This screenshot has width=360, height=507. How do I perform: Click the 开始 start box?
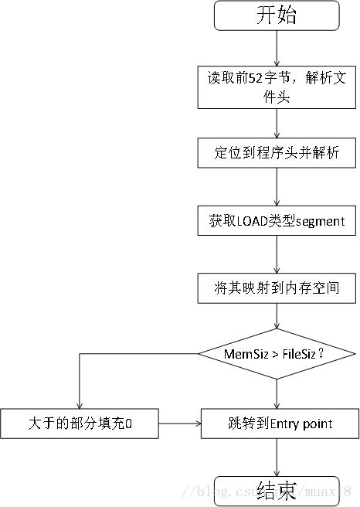277,16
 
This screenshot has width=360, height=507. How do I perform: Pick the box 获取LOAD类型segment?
277,221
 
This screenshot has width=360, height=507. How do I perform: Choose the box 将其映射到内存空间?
277,288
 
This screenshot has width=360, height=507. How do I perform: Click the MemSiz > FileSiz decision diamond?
277,355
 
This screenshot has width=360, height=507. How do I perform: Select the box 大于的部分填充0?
80,423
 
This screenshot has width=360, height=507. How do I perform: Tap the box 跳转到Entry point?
279,423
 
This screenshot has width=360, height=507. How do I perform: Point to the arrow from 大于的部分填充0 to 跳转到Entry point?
179,423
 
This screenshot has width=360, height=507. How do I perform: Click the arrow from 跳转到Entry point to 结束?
277,457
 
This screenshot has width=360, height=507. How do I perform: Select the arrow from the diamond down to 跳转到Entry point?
277,393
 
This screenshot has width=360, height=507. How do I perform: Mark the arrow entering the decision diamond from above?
277,317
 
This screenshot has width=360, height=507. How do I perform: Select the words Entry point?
301,423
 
